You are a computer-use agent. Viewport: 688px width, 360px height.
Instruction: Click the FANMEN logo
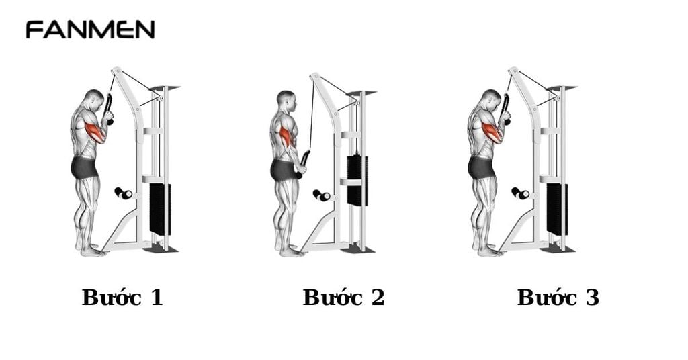[x=90, y=30]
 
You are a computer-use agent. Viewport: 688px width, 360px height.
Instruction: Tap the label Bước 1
[x=122, y=298]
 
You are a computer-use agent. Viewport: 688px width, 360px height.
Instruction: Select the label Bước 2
[x=343, y=298]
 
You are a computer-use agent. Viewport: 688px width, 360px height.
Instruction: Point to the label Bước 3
[x=558, y=298]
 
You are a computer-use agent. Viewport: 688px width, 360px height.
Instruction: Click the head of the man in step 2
[x=286, y=101]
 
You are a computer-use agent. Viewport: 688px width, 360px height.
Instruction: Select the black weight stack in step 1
[x=160, y=209]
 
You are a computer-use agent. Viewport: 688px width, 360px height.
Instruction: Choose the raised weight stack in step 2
[x=357, y=180]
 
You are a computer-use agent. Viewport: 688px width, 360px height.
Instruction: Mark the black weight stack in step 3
[x=557, y=209]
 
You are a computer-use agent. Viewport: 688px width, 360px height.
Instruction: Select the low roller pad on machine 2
[x=321, y=195]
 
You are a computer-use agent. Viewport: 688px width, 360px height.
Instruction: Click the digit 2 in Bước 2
[x=377, y=298]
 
